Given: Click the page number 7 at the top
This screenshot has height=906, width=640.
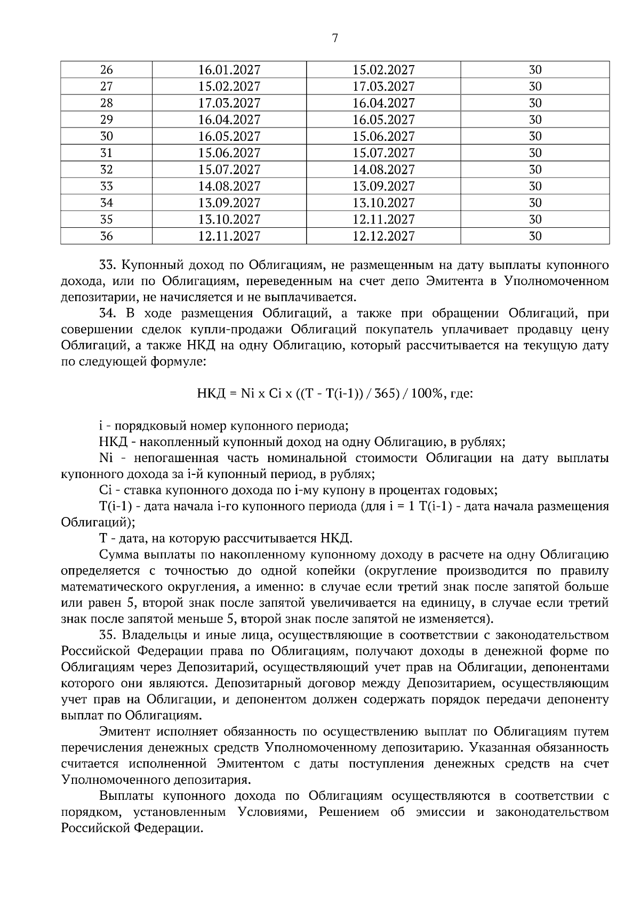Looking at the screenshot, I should tap(334, 38).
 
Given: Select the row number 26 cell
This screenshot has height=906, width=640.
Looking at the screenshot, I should tap(107, 70).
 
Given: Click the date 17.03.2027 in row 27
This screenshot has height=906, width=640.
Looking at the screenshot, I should tap(383, 86).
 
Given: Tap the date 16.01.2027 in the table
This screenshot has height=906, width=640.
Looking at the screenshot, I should tap(229, 70).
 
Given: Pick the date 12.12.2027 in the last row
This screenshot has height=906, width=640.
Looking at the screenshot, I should tap(383, 236).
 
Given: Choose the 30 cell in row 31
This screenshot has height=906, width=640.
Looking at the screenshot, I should tap(535, 153).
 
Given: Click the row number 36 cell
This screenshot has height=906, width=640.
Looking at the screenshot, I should tap(107, 236).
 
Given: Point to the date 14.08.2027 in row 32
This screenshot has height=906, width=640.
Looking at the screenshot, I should tap(383, 170).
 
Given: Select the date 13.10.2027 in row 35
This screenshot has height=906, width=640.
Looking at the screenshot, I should tap(229, 219).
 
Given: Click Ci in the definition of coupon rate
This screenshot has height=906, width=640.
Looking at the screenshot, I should tap(105, 490).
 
